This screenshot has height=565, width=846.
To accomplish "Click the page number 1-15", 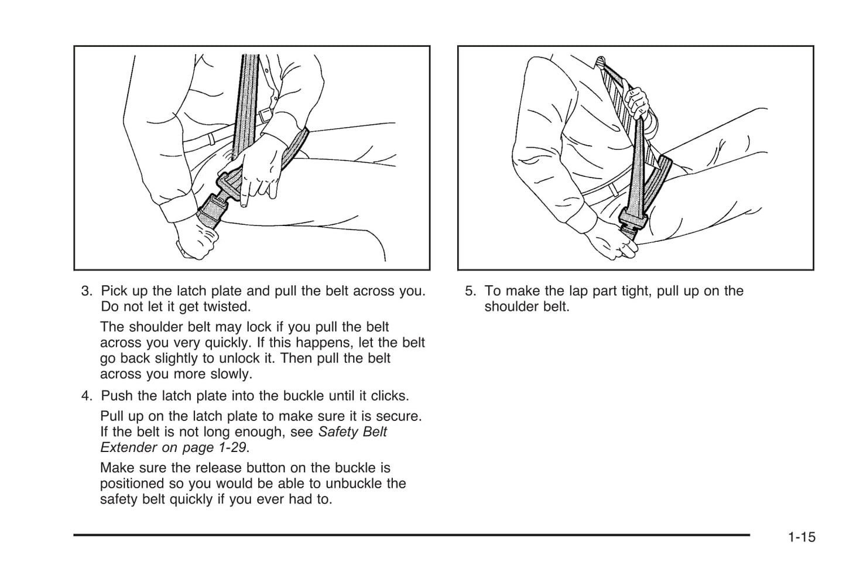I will click(802, 537).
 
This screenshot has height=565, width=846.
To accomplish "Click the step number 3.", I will click(86, 291).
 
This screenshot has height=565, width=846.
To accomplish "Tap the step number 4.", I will click(86, 396).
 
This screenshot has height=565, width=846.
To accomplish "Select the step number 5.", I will click(470, 291).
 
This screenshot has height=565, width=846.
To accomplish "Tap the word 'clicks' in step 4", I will click(389, 396).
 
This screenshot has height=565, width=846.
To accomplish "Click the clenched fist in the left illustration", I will click(196, 240).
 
